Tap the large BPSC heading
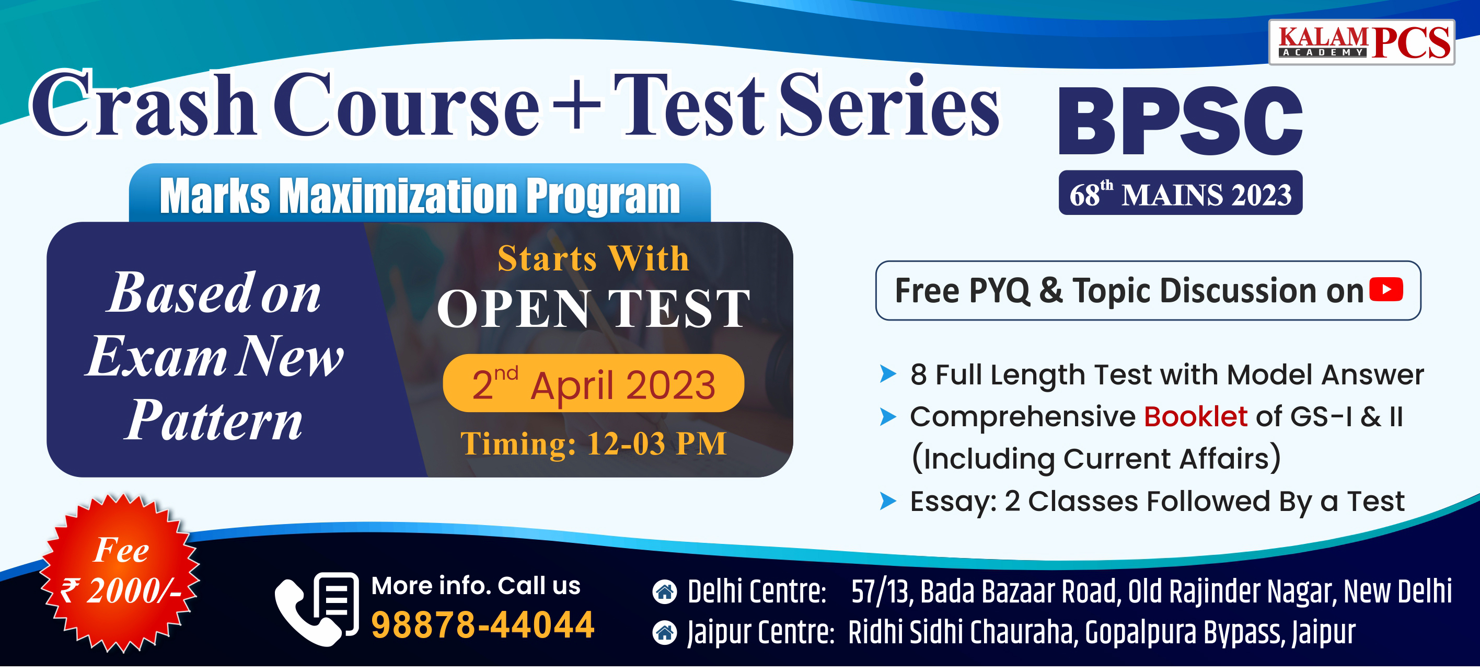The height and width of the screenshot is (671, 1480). click(x=1180, y=121)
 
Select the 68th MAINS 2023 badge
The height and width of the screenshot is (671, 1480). click(x=1180, y=193)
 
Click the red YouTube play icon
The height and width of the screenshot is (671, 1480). click(x=1386, y=289)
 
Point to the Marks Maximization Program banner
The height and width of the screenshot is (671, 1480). click(x=420, y=195)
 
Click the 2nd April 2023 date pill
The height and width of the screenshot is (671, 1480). click(x=594, y=383)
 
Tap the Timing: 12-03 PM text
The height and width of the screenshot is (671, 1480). click(x=594, y=444)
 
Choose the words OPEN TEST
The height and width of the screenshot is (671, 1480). click(x=594, y=309)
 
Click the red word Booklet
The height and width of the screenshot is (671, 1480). click(x=1195, y=416)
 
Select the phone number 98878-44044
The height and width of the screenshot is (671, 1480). click(x=482, y=625)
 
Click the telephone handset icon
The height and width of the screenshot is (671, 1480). click(x=307, y=613)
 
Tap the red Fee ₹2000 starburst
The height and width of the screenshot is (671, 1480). click(x=121, y=573)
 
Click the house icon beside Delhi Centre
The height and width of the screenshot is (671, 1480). click(x=665, y=592)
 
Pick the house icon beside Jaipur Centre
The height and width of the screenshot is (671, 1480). click(x=665, y=633)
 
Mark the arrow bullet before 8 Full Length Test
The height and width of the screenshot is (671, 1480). click(x=888, y=374)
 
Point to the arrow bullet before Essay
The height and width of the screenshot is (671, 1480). click(x=888, y=501)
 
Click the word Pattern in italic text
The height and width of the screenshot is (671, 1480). click(x=213, y=420)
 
